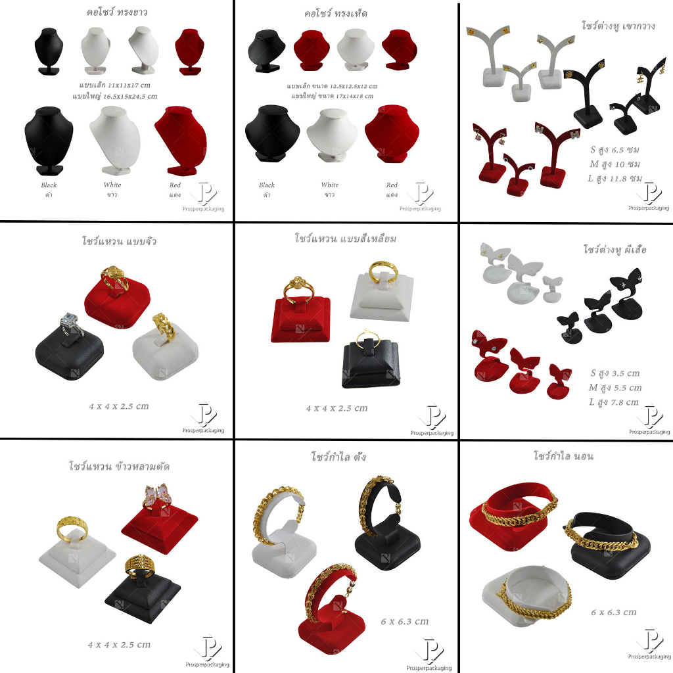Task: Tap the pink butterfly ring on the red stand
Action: pos(156,496)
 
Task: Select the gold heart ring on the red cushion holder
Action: pos(115,278)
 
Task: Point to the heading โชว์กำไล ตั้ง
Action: pos(338,456)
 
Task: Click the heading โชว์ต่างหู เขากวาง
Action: pos(618,26)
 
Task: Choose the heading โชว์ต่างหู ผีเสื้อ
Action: pos(615,249)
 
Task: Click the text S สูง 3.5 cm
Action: pos(615,373)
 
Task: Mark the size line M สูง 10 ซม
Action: pos(615,164)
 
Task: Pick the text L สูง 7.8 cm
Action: pos(614,402)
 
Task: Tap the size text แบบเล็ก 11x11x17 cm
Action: pos(114,85)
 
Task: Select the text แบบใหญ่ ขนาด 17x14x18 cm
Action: pos(332,96)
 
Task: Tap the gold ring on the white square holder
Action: pos(383,271)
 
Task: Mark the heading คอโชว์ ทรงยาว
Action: pos(117,12)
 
